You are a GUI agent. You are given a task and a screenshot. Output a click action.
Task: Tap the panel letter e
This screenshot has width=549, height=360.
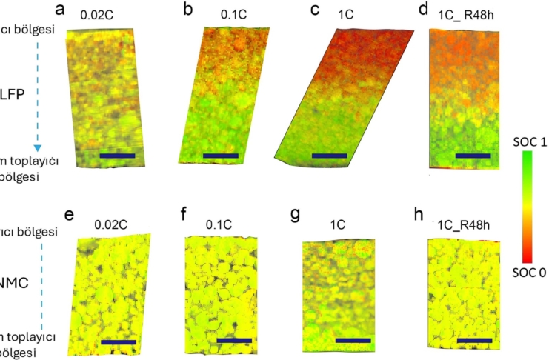[69, 216]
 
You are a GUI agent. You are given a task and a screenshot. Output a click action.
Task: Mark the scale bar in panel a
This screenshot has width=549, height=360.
[116, 156]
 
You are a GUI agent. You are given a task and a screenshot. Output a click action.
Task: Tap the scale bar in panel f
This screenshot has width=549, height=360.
[234, 341]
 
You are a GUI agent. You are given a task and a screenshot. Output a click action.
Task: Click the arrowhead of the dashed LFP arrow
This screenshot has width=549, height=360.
[38, 147]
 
